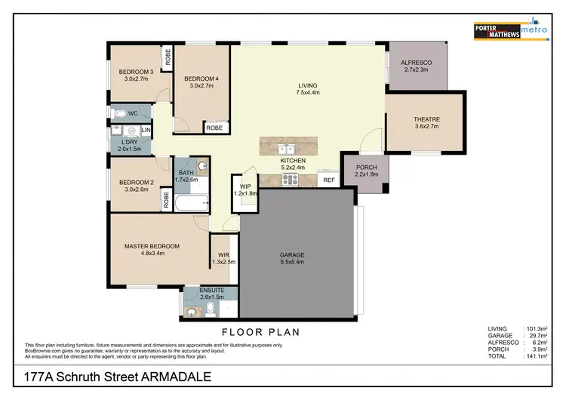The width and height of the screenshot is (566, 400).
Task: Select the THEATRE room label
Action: [x=426, y=119]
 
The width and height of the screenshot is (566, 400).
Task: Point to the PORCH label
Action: [x=365, y=168]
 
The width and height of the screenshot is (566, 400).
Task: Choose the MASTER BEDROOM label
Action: [x=152, y=246]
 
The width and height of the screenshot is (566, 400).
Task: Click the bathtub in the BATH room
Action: [x=189, y=203]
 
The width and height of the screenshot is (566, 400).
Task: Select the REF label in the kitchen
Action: [x=329, y=180]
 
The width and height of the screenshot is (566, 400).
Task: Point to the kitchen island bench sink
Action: [x=285, y=148]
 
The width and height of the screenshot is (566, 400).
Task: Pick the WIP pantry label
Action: [x=245, y=186]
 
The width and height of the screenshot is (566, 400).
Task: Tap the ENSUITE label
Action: [x=211, y=291]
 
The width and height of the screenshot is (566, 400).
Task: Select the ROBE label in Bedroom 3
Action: [x=167, y=57]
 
